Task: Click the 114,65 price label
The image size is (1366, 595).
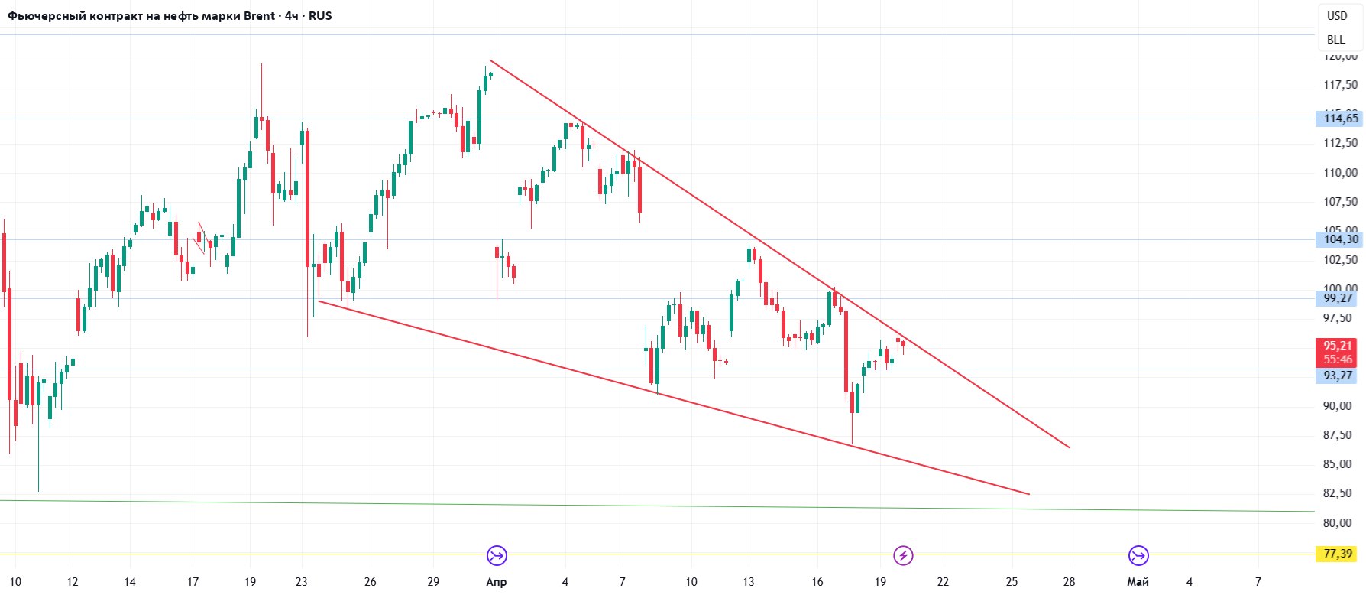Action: click(1341, 119)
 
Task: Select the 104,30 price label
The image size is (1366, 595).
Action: click(1341, 239)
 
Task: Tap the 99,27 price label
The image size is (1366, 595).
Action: click(1338, 298)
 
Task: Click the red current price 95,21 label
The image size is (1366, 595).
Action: click(1338, 346)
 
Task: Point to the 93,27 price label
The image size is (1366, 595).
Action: click(1338, 376)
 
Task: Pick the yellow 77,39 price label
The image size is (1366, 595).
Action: click(1338, 554)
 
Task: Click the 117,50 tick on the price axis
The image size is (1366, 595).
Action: click(1341, 85)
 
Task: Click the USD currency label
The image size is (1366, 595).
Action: click(1337, 16)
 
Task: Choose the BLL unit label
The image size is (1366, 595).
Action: click(1336, 40)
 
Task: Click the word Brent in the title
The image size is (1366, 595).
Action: click(259, 16)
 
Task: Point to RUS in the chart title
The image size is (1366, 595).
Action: click(320, 16)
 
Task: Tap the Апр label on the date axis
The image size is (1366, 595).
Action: click(497, 582)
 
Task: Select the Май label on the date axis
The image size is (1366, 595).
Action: click(1138, 582)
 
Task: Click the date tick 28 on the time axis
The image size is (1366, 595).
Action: click(1069, 582)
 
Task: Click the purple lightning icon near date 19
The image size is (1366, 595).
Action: click(904, 555)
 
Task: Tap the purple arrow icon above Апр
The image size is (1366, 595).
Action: click(497, 555)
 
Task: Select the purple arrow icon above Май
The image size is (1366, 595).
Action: click(1138, 555)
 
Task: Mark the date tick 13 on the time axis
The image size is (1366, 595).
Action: click(749, 582)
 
